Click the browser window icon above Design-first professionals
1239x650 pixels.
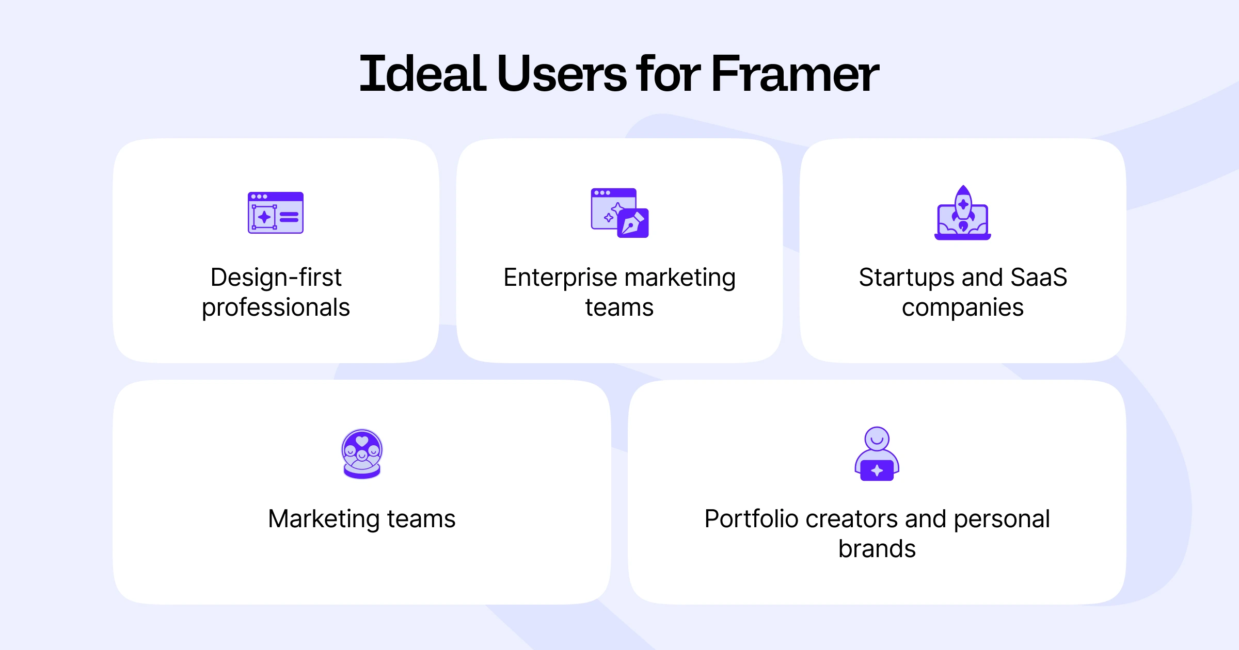coord(276,213)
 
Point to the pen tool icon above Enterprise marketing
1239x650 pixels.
coord(633,223)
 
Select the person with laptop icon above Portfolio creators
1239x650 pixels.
coord(877,454)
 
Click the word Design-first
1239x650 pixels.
coord(276,278)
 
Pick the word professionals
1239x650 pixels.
coord(276,308)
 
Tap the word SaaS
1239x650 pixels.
coord(1039,278)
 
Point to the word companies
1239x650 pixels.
coord(963,308)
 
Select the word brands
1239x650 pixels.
coord(877,549)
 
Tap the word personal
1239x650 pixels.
coord(1002,519)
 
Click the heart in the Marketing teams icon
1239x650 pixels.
coord(362,441)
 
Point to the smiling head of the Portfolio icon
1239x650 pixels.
coord(877,438)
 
